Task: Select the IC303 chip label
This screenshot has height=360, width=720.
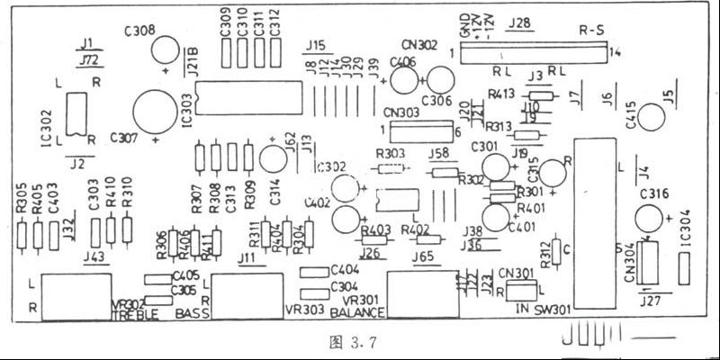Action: click(185, 115)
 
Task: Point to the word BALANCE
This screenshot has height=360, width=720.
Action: click(358, 314)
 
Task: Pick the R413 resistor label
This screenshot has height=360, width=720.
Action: click(501, 92)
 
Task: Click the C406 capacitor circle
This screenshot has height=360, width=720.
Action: click(401, 79)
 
